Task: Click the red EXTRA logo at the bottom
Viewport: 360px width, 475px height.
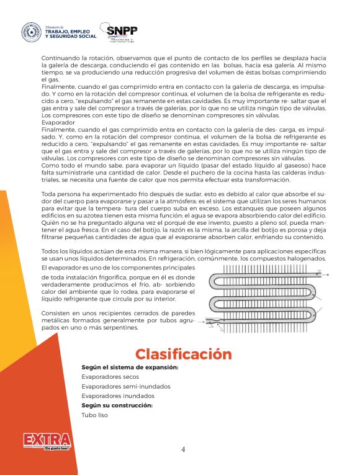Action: pos(47,441)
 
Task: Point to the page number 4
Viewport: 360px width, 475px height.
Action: pos(182,450)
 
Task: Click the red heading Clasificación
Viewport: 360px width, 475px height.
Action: pos(184,355)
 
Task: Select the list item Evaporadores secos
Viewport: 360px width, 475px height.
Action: pos(109,377)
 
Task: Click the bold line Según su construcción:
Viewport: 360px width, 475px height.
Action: pos(117,405)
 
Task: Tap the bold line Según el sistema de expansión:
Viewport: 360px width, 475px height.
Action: pos(130,368)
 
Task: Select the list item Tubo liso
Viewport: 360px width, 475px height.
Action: pos(94,415)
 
